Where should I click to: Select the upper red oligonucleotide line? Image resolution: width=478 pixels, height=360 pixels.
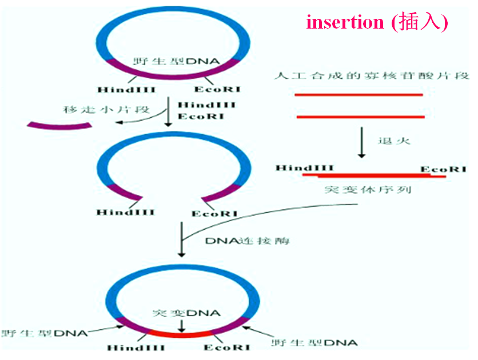(358, 94)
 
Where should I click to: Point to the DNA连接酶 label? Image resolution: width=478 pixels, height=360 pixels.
(247, 241)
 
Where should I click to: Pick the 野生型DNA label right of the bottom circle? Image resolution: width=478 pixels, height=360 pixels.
(314, 342)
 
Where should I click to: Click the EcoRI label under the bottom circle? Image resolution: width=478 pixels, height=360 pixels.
(224, 347)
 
